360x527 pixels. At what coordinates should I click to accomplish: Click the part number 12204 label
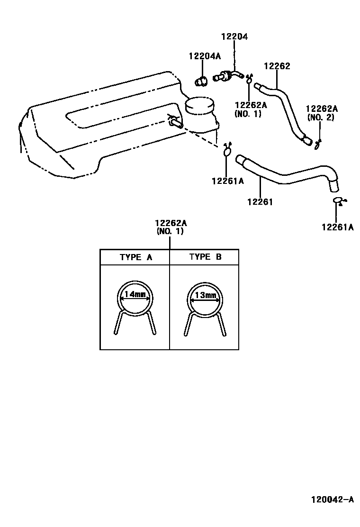click(x=234, y=36)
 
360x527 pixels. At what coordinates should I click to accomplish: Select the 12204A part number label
click(x=205, y=56)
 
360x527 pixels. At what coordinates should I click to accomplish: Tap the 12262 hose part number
click(x=277, y=66)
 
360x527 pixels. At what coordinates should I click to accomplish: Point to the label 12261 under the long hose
click(x=260, y=202)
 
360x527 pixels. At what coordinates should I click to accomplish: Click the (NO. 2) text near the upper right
click(x=321, y=118)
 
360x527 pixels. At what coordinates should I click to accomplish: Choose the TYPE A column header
click(x=135, y=257)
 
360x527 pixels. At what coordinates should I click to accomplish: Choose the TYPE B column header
click(x=205, y=257)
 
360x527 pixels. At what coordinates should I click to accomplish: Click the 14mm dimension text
click(x=135, y=295)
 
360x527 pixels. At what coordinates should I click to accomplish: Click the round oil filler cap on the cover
click(x=199, y=107)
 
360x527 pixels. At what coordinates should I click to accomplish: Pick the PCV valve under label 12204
click(x=227, y=76)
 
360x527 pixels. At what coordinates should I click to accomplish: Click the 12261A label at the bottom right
click(x=338, y=227)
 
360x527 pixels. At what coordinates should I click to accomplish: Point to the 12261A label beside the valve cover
click(x=228, y=181)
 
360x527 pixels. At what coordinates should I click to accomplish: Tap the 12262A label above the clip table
click(x=170, y=223)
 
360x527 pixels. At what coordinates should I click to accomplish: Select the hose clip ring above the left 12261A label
click(x=227, y=151)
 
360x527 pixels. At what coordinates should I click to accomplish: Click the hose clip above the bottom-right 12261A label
click(x=338, y=201)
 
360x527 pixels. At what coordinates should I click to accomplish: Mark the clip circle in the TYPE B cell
click(x=204, y=299)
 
